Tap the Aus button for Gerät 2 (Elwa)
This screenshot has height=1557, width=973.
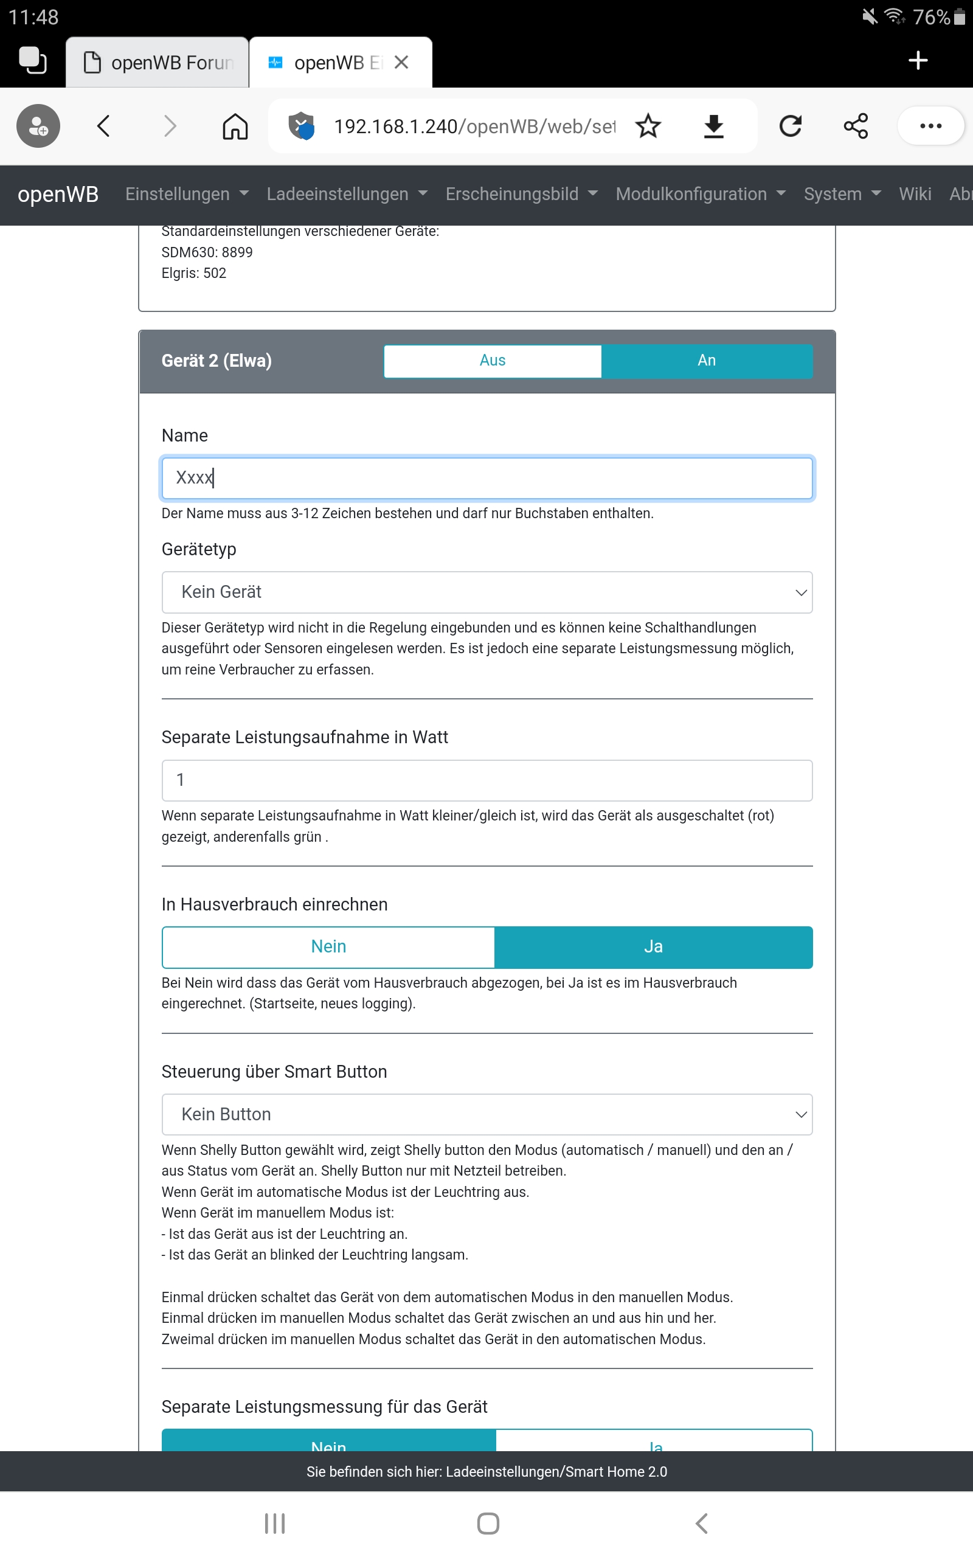493,360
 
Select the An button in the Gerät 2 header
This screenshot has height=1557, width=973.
706,360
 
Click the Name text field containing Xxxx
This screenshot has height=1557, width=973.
486,477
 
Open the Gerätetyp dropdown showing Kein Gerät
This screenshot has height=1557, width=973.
486,592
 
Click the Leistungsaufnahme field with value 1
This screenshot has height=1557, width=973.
486,780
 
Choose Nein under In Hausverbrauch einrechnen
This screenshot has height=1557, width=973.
328,946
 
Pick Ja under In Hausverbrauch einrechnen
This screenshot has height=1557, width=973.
653,946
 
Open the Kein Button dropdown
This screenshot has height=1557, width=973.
486,1114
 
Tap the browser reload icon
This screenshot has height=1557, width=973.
790,126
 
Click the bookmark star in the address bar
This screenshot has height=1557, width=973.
648,126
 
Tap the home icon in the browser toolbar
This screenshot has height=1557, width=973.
235,126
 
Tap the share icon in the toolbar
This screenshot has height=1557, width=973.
856,126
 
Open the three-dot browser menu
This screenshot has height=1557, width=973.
930,126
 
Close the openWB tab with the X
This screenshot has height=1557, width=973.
401,63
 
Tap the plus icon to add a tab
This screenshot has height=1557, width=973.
918,60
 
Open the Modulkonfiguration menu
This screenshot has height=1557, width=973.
700,194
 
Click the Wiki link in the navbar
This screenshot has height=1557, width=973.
915,194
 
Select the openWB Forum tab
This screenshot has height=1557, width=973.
158,63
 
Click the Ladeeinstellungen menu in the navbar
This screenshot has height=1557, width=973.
346,194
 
